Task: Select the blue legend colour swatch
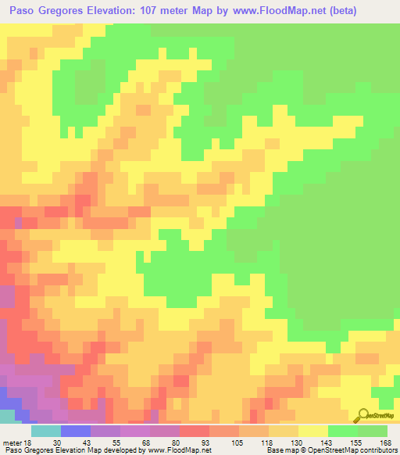coord(75,431)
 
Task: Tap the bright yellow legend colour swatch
coord(312,431)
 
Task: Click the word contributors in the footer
coord(376,450)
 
